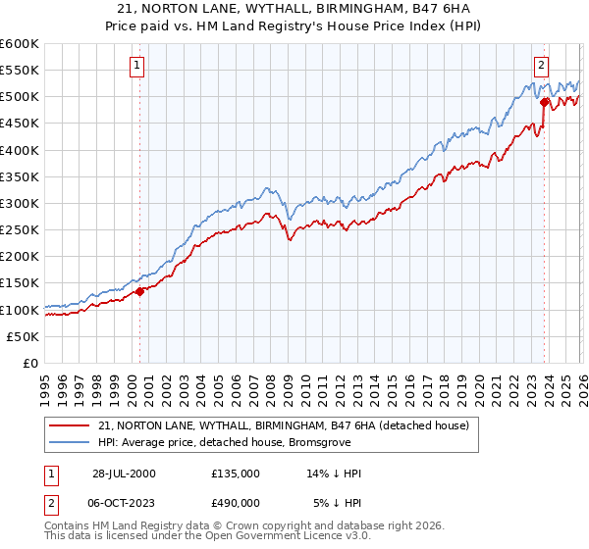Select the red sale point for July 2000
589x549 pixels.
139,291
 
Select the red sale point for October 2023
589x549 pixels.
544,100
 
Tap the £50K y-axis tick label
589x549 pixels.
23,336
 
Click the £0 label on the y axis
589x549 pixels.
30,363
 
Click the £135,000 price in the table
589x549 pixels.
236,473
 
